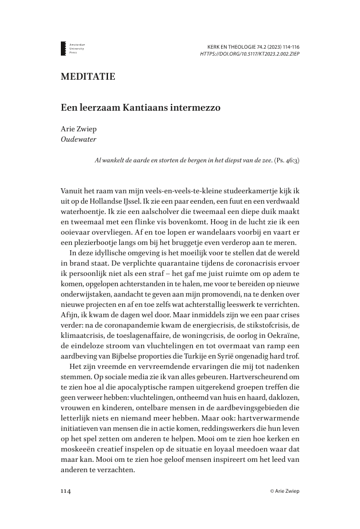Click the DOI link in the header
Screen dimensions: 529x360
(x=249, y=53)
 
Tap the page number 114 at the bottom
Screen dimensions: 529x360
(x=67, y=491)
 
